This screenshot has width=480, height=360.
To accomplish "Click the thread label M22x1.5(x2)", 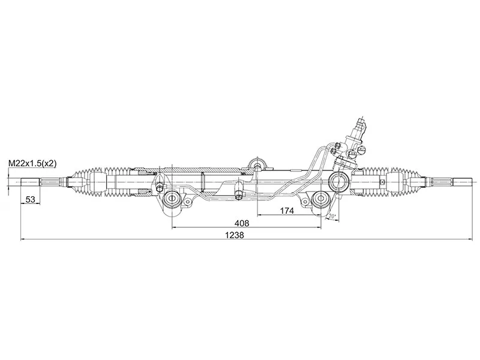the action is point(32,163).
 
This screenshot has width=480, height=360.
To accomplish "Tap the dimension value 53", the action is point(30,200).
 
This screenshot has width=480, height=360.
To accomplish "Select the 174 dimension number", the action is point(287,211).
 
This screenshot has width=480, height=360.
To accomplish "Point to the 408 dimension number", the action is point(242,223).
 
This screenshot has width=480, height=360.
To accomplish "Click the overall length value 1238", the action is point(235,235).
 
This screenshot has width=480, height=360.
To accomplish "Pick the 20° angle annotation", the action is point(332,216).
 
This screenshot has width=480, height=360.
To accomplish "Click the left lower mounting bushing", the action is point(172,199).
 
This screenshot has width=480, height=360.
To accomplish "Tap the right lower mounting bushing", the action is point(320,199).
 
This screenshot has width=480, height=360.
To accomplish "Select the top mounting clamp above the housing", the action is point(257,164).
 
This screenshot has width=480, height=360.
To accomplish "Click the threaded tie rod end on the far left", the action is point(30,182).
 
